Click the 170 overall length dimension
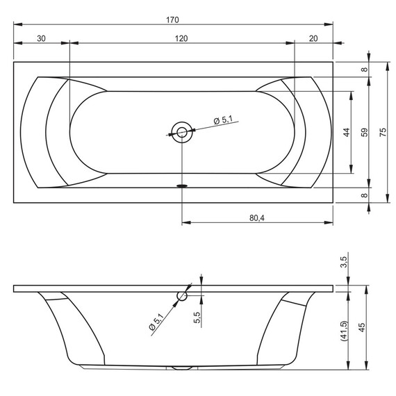tap(172, 19)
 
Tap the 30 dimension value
tap(41, 39)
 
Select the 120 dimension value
tap(181, 39)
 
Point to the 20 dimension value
tap(313, 39)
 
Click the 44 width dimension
tap(347, 132)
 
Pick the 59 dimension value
tap(365, 132)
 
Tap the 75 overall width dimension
tap(383, 132)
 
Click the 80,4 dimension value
tap(257, 217)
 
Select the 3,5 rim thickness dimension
tap(344, 262)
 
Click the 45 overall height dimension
tap(362, 327)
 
